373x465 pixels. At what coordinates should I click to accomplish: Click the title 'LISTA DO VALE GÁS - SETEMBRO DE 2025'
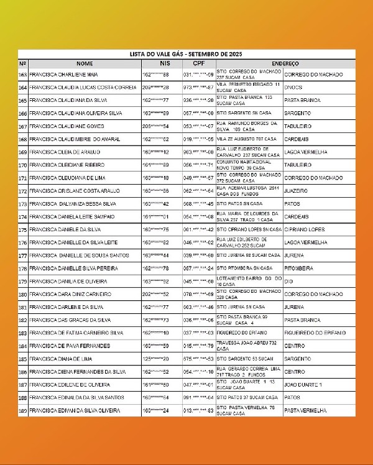pyautogui.click(x=186, y=54)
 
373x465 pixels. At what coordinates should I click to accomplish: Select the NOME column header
pyautogui.click(x=85, y=63)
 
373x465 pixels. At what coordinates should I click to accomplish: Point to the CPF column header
pyautogui.click(x=199, y=63)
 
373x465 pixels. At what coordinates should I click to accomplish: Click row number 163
pyautogui.click(x=23, y=75)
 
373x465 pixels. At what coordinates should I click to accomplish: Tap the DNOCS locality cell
pyautogui.click(x=293, y=88)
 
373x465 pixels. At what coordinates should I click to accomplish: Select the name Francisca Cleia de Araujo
pyautogui.click(x=64, y=152)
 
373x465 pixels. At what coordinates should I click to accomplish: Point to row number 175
pyautogui.click(x=23, y=229)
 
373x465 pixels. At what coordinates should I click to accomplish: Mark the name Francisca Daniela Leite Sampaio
pyautogui.click(x=71, y=216)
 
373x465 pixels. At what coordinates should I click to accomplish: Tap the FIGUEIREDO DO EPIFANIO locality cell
pyautogui.click(x=313, y=333)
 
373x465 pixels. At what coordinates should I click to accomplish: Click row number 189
pyautogui.click(x=23, y=410)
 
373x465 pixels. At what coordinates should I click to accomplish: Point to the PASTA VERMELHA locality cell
pyautogui.click(x=305, y=410)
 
